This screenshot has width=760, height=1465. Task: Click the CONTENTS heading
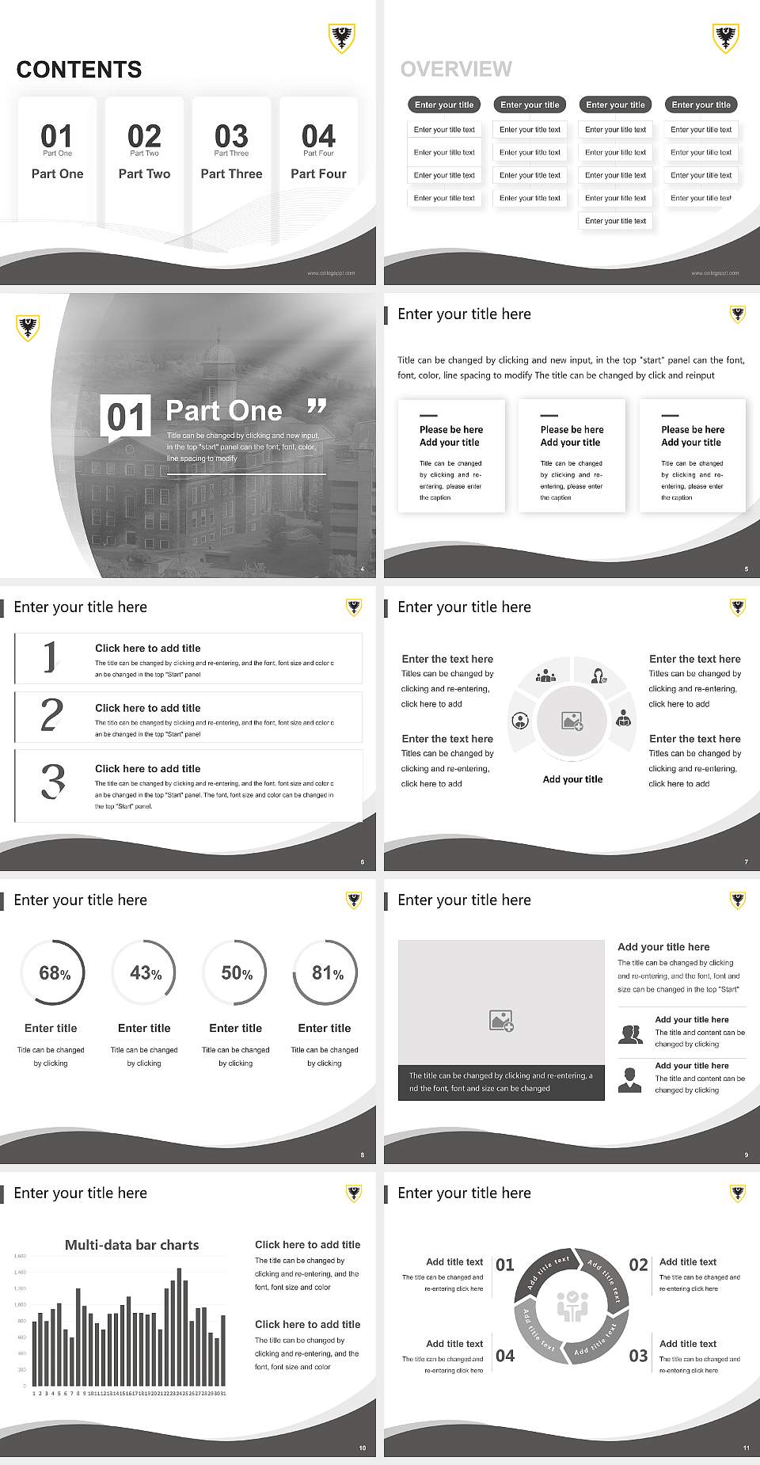point(79,70)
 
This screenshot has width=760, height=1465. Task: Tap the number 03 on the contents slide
point(231,136)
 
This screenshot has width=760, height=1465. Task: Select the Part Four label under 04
point(318,173)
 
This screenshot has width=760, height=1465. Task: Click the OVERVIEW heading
point(456,70)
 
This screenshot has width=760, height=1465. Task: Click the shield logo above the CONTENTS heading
point(341,37)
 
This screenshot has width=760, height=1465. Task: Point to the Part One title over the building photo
point(224,410)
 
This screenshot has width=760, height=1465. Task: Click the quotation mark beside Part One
point(317,407)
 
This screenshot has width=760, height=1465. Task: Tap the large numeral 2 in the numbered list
point(51,715)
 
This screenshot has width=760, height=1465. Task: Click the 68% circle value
point(55,973)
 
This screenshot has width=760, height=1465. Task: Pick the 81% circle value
point(327,973)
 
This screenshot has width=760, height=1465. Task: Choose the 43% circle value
point(146,973)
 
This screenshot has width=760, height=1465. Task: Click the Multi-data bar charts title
point(131,1245)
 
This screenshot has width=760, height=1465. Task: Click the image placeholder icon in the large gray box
point(501,1021)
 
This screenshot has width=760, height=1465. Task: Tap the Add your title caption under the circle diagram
point(572,779)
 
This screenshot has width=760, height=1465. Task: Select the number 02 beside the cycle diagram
point(638,1265)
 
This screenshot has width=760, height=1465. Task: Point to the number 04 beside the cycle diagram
point(505,1356)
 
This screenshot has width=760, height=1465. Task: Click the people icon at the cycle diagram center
point(572,1306)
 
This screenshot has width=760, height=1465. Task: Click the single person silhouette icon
point(629,1079)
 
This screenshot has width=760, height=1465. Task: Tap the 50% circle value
point(237,973)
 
